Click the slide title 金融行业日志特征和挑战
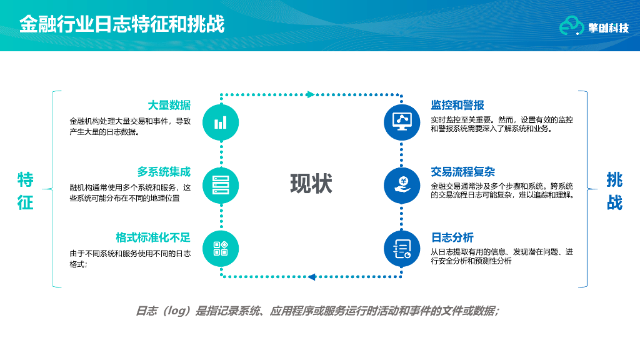[122, 25]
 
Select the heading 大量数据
[169, 105]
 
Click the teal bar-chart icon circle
[221, 122]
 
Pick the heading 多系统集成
[164, 172]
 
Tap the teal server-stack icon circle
[221, 186]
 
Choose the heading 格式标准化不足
[153, 237]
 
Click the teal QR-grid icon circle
[221, 249]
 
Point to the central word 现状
[311, 184]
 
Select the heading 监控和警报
[457, 105]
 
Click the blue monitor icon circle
[402, 122]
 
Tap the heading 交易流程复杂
[463, 172]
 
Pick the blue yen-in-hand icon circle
[402, 186]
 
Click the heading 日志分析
[452, 237]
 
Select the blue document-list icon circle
[402, 249]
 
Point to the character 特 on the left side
[26, 180]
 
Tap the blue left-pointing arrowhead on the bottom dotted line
[312, 276]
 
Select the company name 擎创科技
[608, 27]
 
